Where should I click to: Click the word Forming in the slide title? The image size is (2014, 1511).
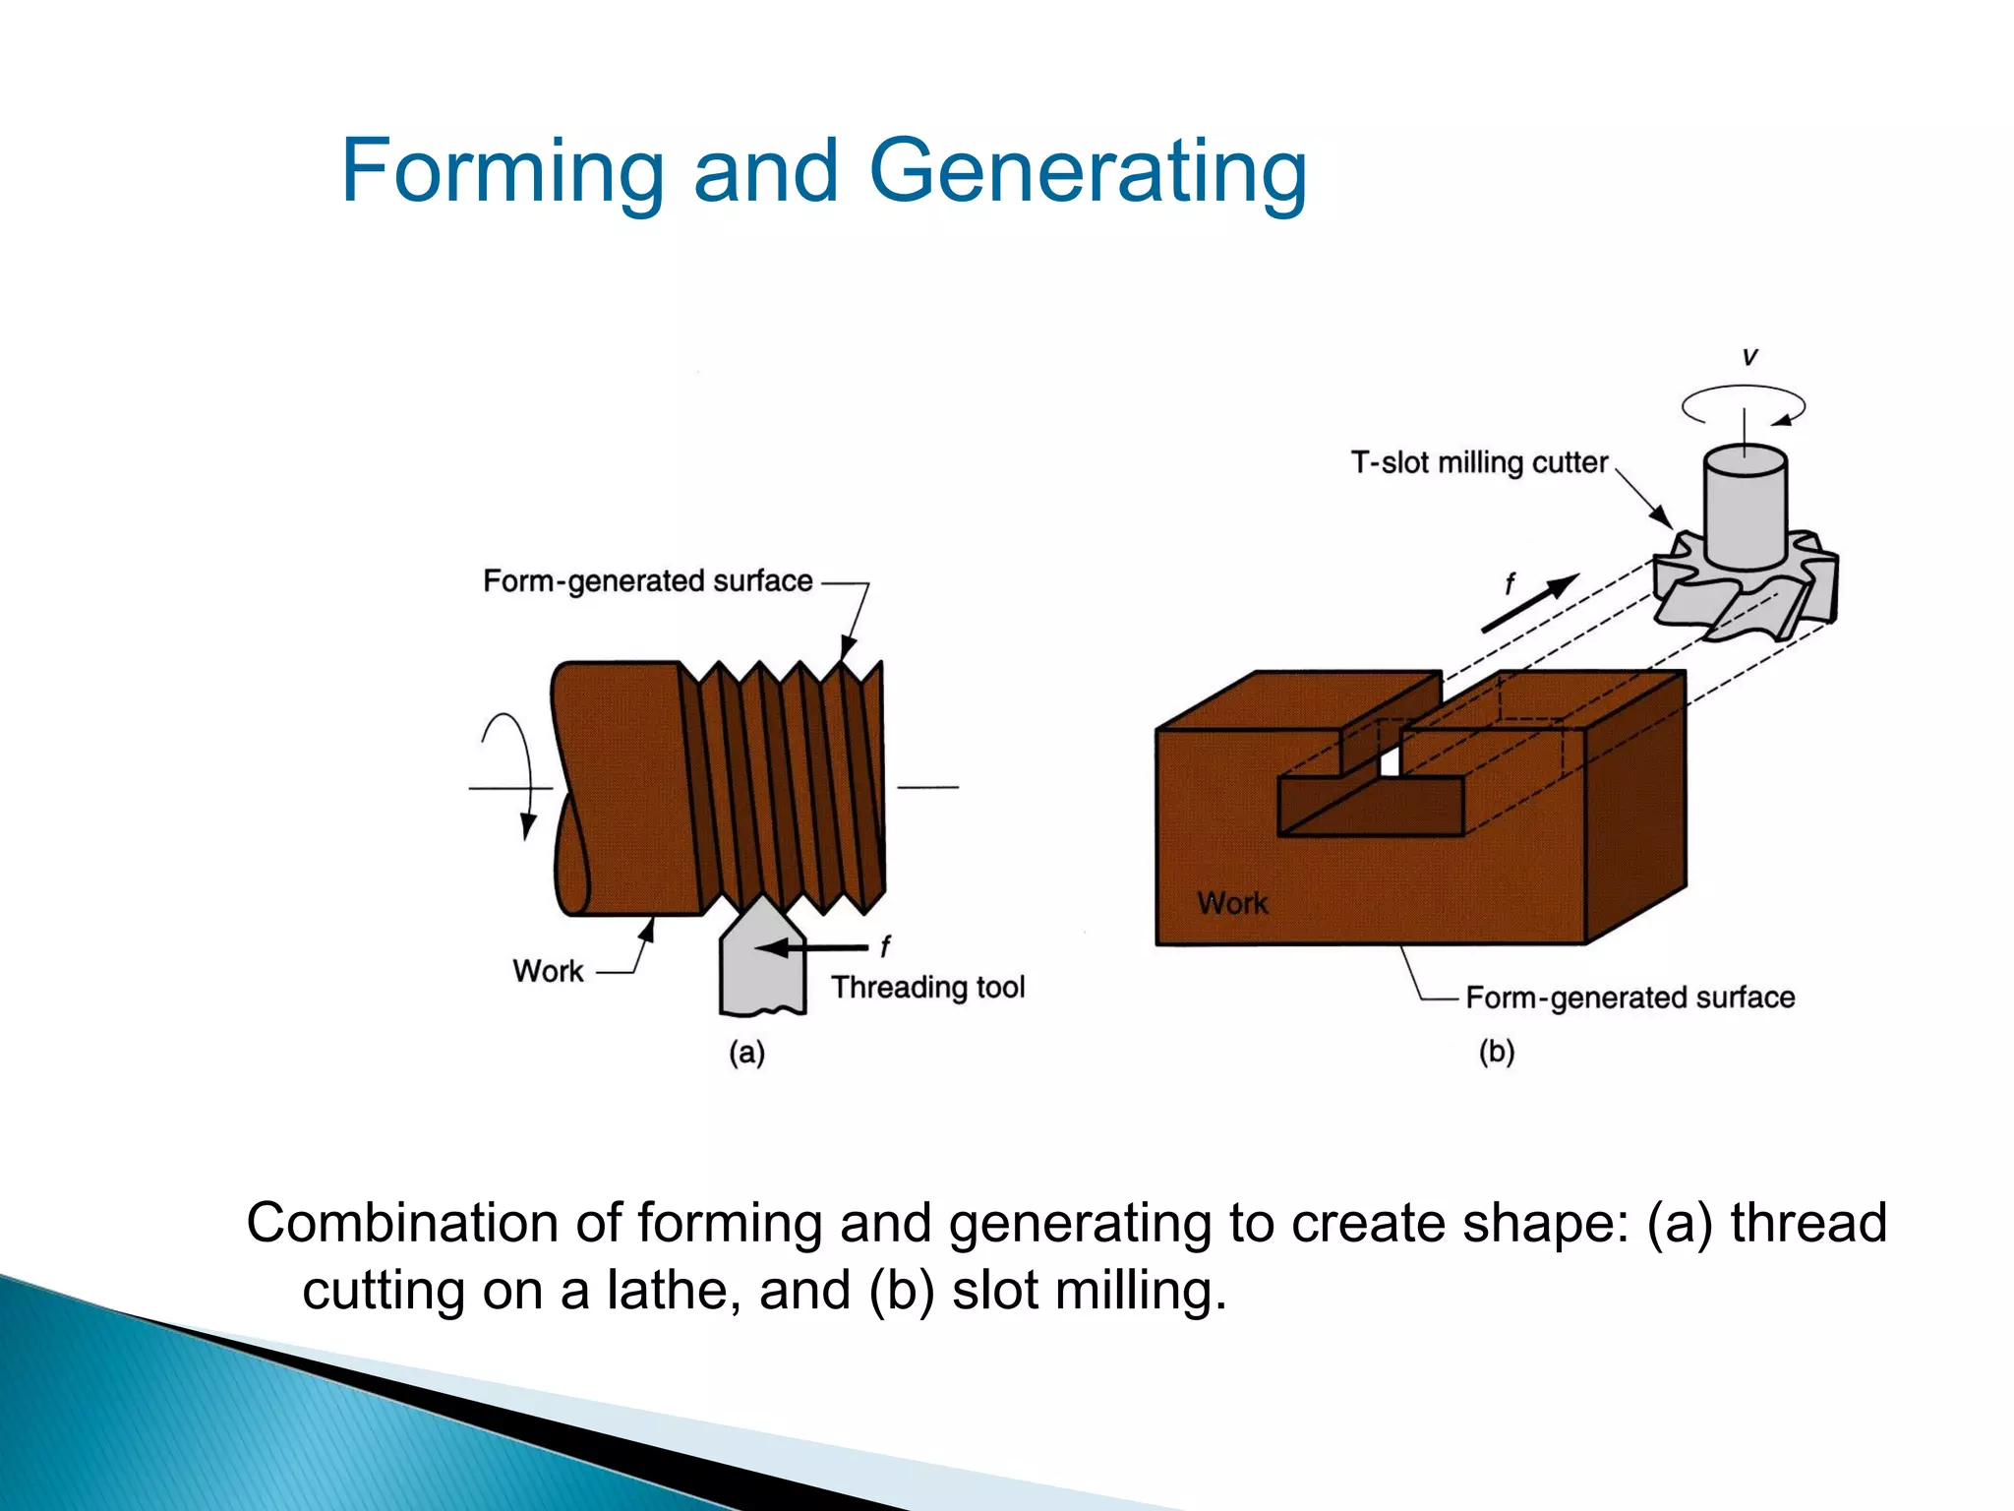pyautogui.click(x=503, y=172)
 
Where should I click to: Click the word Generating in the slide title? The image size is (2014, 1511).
pyautogui.click(x=1088, y=172)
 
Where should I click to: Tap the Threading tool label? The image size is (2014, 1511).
pyautogui.click(x=927, y=987)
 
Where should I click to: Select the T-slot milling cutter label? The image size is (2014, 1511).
pyautogui.click(x=1478, y=462)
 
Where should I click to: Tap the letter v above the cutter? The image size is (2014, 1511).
pyautogui.click(x=1749, y=356)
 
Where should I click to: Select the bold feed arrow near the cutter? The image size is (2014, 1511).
pyautogui.click(x=1530, y=602)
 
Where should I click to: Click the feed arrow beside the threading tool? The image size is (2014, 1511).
pyautogui.click(x=811, y=947)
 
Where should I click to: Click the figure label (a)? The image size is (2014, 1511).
pyautogui.click(x=746, y=1053)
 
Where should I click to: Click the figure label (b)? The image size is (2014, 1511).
pyautogui.click(x=1496, y=1052)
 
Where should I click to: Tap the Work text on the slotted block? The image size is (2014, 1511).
pyautogui.click(x=1231, y=903)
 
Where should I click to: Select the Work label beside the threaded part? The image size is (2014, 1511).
pyautogui.click(x=548, y=971)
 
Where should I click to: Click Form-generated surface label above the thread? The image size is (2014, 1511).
pyautogui.click(x=647, y=580)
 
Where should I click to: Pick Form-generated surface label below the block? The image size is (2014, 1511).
pyautogui.click(x=1629, y=997)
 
